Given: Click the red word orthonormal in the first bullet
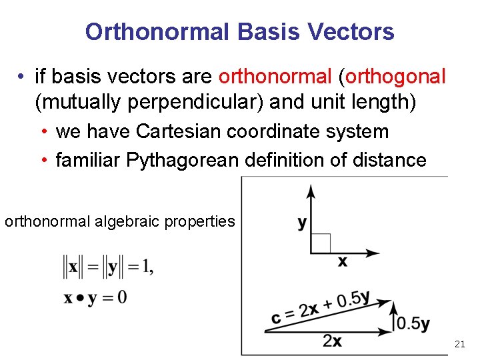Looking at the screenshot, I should pyautogui.click(x=275, y=77).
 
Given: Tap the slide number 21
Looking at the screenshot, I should pyautogui.click(x=459, y=344).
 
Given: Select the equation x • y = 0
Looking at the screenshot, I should pyautogui.click(x=95, y=297).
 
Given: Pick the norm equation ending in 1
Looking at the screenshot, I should pyautogui.click(x=107, y=268).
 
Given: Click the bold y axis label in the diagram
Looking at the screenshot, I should pyautogui.click(x=302, y=223).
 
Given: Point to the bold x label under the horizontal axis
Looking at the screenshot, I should pyautogui.click(x=342, y=262).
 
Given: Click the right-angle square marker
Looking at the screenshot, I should pyautogui.click(x=320, y=244).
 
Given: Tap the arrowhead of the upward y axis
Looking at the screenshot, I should pyautogui.click(x=311, y=191).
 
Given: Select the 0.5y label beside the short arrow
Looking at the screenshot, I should pyautogui.click(x=413, y=323).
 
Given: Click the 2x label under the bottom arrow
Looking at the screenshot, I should pyautogui.click(x=332, y=341).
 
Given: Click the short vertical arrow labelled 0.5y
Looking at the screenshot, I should pyautogui.click(x=393, y=317).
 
